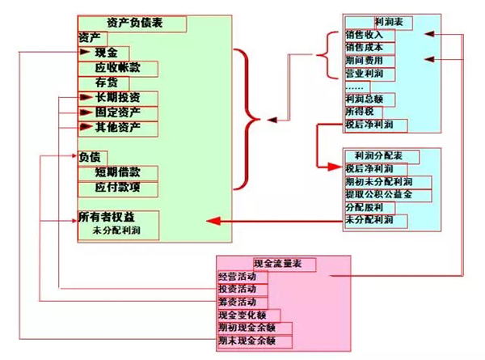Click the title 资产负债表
[x=134, y=23]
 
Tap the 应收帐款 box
[x=117, y=66]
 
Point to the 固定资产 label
[x=117, y=112]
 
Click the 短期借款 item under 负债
[x=117, y=172]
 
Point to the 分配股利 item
[x=365, y=208]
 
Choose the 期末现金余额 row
[x=247, y=341]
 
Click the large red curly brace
[x=249, y=120]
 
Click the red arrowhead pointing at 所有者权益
[x=213, y=220]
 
